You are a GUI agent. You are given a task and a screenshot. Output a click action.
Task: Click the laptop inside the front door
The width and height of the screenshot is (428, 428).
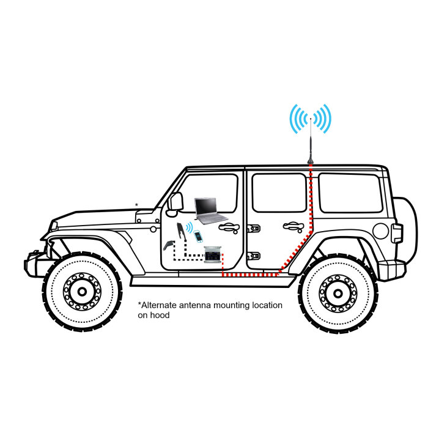212,211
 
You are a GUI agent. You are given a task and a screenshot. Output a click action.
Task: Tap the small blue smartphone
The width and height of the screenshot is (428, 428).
199,236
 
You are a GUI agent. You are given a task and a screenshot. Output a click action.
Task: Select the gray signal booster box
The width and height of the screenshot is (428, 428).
213,255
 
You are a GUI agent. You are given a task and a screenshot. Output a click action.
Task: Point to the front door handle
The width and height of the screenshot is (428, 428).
229,227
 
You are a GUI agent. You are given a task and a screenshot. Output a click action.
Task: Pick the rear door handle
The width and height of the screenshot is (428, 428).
293,227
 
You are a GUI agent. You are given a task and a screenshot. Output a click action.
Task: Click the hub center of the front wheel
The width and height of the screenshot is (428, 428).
82,292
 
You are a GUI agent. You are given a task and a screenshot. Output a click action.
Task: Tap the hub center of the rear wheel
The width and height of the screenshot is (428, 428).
338,293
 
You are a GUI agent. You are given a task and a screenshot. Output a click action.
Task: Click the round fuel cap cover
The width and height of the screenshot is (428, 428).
380,231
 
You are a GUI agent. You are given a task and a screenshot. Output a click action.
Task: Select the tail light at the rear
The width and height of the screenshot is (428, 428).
397,234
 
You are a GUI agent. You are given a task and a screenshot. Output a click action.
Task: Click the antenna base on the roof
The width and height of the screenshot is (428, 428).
311,161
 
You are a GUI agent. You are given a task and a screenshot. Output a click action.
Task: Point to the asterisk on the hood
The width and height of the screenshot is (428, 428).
137,205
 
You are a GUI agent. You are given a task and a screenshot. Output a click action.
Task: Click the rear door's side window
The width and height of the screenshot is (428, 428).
279,193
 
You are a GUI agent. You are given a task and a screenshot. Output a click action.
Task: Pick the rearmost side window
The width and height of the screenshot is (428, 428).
351,193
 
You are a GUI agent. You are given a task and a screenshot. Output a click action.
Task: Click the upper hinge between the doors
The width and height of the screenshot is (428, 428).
254,229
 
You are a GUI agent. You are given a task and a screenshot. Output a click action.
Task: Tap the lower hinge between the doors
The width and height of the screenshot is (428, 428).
254,256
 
